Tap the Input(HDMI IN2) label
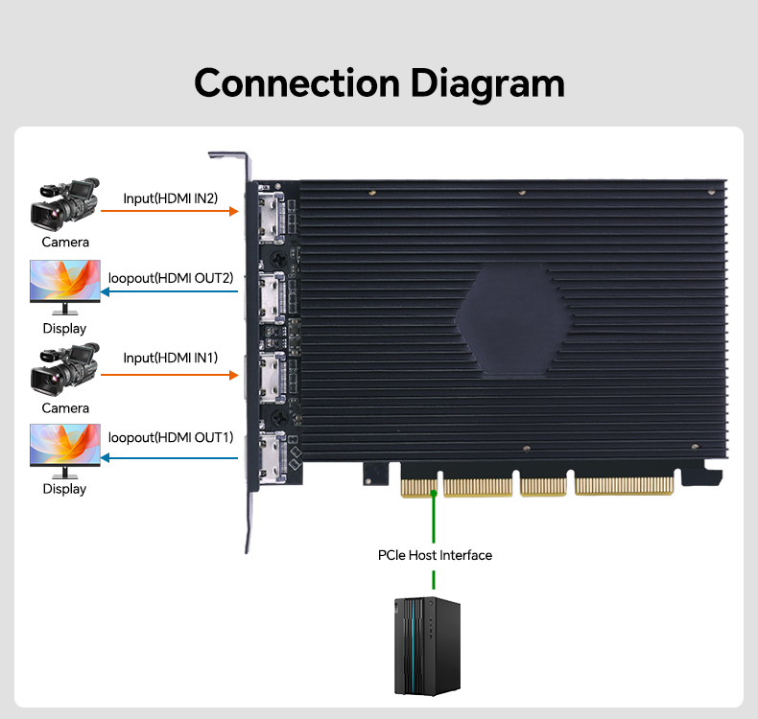[171, 198]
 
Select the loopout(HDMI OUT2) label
[171, 278]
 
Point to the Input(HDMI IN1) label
[171, 358]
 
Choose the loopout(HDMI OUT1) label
[171, 437]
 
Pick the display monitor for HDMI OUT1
[65, 450]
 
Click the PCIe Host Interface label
[435, 555]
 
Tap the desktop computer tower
[428, 645]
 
